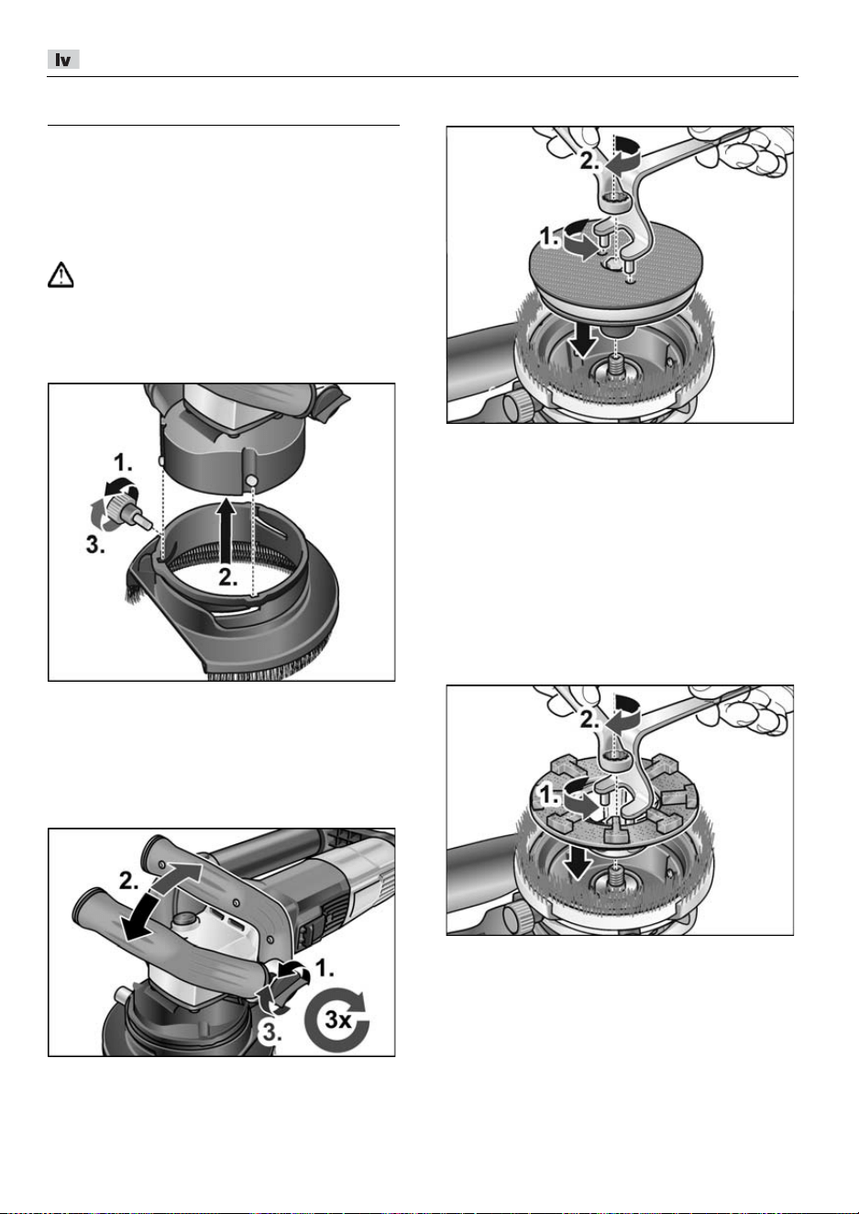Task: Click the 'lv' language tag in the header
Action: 63,60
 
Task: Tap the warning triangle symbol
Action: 61,274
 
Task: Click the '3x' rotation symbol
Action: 337,1019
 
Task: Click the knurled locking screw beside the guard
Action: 127,510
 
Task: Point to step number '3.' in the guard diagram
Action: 95,545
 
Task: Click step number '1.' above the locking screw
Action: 123,463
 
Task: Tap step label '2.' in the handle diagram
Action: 129,881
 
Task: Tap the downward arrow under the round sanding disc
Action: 583,340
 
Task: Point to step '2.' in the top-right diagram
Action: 589,161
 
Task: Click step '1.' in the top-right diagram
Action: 550,237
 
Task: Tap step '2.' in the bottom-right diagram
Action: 589,719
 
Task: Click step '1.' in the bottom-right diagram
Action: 550,796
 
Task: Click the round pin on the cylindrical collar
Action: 251,481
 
